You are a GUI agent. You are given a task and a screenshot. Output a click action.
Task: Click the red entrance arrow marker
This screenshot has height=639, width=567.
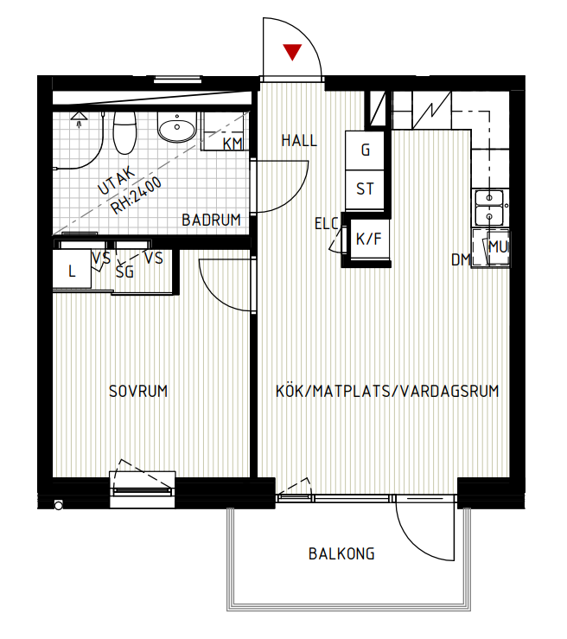(x=292, y=52)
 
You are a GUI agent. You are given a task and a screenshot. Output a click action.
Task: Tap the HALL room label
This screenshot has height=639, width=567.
(x=299, y=141)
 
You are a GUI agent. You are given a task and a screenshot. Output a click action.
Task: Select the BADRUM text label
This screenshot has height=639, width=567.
(x=211, y=220)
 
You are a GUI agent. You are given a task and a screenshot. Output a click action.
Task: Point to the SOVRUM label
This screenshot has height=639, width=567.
(x=138, y=391)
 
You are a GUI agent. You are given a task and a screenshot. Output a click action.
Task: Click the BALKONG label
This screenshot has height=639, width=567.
(x=341, y=553)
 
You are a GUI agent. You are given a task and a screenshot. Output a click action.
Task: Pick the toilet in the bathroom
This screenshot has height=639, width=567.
(x=124, y=132)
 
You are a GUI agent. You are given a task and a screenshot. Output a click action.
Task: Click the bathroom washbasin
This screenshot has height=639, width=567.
(x=177, y=127)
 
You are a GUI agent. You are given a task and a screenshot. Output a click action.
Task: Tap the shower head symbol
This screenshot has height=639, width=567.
(x=79, y=119)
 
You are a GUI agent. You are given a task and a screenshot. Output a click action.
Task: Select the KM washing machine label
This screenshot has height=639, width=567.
(x=233, y=144)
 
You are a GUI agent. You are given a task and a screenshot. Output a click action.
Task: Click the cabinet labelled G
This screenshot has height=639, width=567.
(x=365, y=150)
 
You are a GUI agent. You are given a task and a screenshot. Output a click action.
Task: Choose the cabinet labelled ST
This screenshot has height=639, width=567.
(x=365, y=190)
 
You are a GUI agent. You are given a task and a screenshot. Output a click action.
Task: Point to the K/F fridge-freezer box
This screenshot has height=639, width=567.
(x=369, y=240)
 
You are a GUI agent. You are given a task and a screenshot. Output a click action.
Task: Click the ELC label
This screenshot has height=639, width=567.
(x=326, y=224)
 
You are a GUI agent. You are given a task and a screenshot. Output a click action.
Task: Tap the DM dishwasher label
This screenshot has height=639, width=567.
(x=461, y=259)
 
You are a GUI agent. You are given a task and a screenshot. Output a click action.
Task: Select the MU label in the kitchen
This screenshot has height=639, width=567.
(x=498, y=247)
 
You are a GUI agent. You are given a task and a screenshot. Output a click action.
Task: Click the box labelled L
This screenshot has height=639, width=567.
(x=72, y=270)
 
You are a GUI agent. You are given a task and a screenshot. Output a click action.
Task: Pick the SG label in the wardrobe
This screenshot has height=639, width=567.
(x=124, y=272)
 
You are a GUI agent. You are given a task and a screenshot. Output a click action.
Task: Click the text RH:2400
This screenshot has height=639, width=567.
(x=136, y=195)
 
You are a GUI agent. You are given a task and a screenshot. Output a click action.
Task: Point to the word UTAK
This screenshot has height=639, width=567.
(x=116, y=180)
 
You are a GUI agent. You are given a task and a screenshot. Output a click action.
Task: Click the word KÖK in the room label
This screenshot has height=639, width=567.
(x=290, y=391)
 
